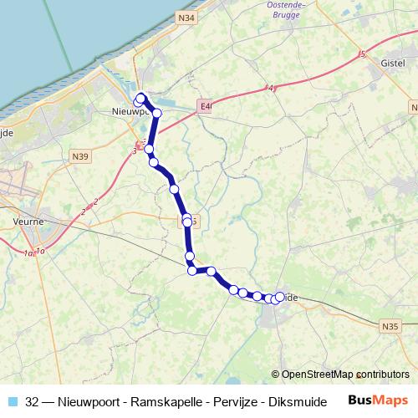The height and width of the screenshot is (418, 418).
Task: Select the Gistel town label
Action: coord(392,64)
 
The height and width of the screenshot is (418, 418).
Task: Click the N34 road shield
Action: coord(186,17)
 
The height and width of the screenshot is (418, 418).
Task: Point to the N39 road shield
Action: coord(80,155)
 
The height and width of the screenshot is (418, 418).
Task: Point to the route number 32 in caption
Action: coord(33,401)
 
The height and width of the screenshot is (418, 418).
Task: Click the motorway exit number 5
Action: coord(363,54)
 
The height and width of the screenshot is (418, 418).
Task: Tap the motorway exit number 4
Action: coord(272,88)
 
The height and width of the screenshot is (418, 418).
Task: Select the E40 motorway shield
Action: coord(206,106)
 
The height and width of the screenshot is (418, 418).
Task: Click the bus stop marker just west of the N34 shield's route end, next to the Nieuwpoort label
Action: coord(138,103)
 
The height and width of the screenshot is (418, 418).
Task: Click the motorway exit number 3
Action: coord(134,150)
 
